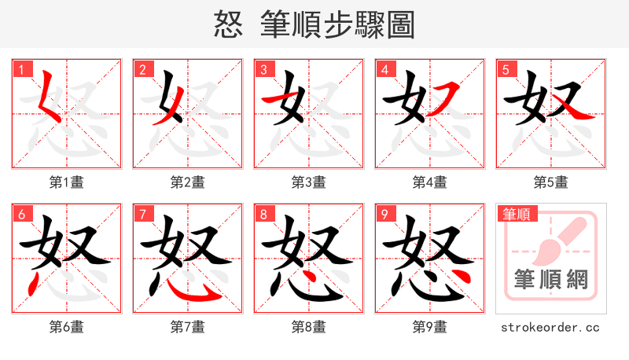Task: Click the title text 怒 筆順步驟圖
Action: point(314,25)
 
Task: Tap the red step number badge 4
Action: point(384,70)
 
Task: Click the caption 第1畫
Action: point(67,182)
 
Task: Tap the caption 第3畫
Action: point(309,182)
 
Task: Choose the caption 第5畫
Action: point(550,182)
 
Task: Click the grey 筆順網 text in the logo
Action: point(550,280)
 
